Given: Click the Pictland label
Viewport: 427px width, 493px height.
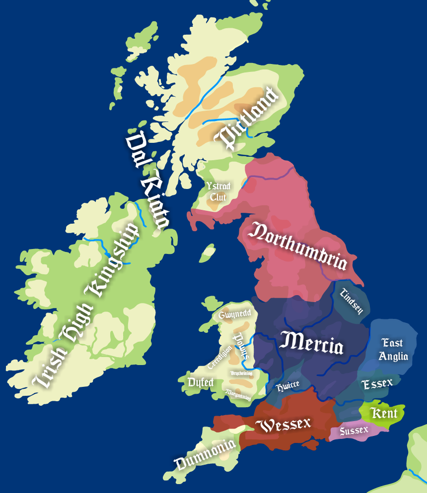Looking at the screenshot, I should (x=246, y=118).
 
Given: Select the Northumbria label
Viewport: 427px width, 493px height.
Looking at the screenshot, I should (x=298, y=247).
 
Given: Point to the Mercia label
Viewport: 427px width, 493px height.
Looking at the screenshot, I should (x=311, y=343).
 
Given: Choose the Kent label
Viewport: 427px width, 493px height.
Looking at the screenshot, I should (x=384, y=413).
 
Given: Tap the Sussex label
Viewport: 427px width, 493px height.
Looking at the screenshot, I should (x=354, y=430).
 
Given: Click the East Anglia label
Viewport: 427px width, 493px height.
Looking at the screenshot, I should (x=393, y=349).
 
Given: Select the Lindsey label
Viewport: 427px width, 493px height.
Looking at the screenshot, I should (x=352, y=301).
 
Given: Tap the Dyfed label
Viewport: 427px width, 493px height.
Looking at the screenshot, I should (x=201, y=382).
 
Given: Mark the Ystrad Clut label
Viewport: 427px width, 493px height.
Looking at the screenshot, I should (x=218, y=191).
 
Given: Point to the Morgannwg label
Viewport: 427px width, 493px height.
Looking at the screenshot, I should (x=238, y=394).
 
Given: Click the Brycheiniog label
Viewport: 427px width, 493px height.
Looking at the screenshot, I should (x=241, y=372).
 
